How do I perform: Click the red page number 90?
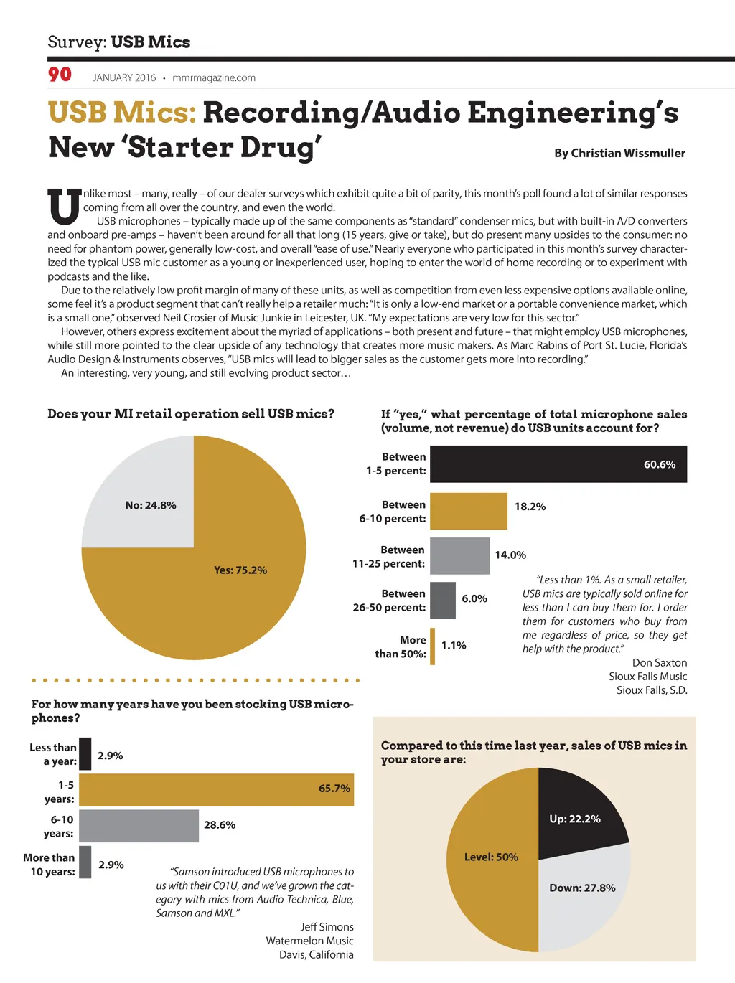[x=60, y=75]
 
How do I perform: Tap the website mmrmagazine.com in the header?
[x=214, y=77]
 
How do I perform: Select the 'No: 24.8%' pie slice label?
[x=151, y=505]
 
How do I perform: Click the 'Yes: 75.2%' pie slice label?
[x=240, y=570]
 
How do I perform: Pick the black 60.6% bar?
[x=558, y=464]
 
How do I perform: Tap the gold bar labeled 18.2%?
[x=468, y=511]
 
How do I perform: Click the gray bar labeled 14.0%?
[x=459, y=555]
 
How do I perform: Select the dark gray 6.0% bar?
[x=443, y=601]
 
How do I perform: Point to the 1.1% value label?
[x=454, y=646]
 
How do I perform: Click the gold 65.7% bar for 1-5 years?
[x=216, y=789]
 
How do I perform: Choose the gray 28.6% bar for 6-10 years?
[x=139, y=826]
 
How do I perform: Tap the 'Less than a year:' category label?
[x=53, y=754]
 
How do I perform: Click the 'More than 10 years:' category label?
[x=49, y=865]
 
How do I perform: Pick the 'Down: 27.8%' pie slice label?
[x=582, y=888]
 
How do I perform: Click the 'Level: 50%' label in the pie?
[x=491, y=857]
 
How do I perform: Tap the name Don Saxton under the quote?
[x=659, y=663]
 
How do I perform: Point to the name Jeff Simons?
[x=327, y=927]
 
